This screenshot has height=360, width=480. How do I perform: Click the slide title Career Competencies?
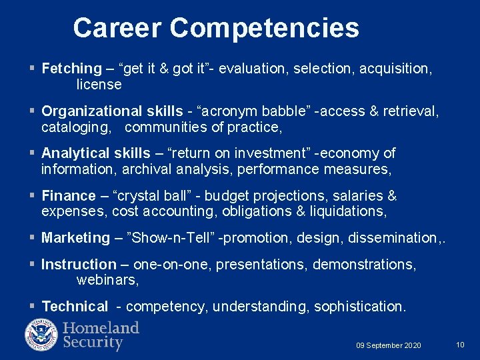pos(216,28)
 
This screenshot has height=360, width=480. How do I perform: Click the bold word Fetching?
pos(71,68)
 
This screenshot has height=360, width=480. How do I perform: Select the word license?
pos(99,85)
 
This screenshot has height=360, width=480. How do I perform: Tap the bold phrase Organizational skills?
pos(112,111)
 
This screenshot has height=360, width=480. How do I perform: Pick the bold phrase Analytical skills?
pos(96,153)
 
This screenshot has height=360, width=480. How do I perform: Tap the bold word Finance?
pos(69,196)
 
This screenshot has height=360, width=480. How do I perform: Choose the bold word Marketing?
pos(75,238)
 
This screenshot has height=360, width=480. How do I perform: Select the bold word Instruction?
pos(79,265)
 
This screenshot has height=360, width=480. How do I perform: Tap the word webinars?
pos(107,281)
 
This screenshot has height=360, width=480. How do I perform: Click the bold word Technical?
pos(75,307)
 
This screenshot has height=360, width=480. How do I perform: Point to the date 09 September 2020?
pos(388,345)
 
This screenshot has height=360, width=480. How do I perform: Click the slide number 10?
pos(460,345)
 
